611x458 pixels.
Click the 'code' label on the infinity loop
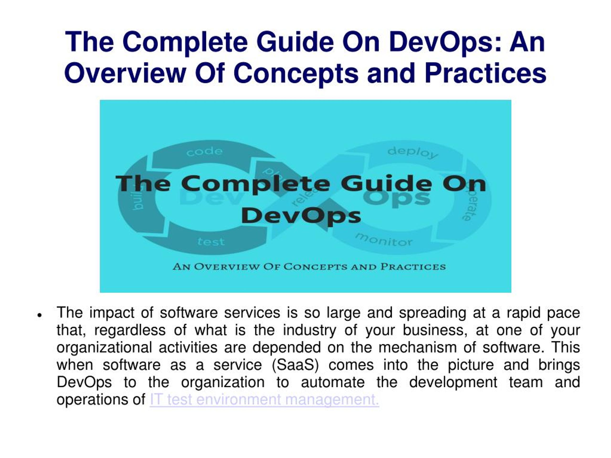(204, 151)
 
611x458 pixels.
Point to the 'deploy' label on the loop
(413, 152)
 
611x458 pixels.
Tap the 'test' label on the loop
(211, 242)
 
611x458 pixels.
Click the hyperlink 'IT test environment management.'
(264, 400)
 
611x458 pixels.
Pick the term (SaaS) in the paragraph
(295, 365)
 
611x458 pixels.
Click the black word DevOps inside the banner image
(301, 216)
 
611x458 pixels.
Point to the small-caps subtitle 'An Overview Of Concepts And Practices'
(309, 267)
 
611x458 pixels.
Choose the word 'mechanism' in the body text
(417, 347)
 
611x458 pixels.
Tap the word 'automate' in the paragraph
(332, 382)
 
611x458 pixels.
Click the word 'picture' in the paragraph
(470, 365)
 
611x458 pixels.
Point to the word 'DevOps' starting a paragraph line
(84, 382)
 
